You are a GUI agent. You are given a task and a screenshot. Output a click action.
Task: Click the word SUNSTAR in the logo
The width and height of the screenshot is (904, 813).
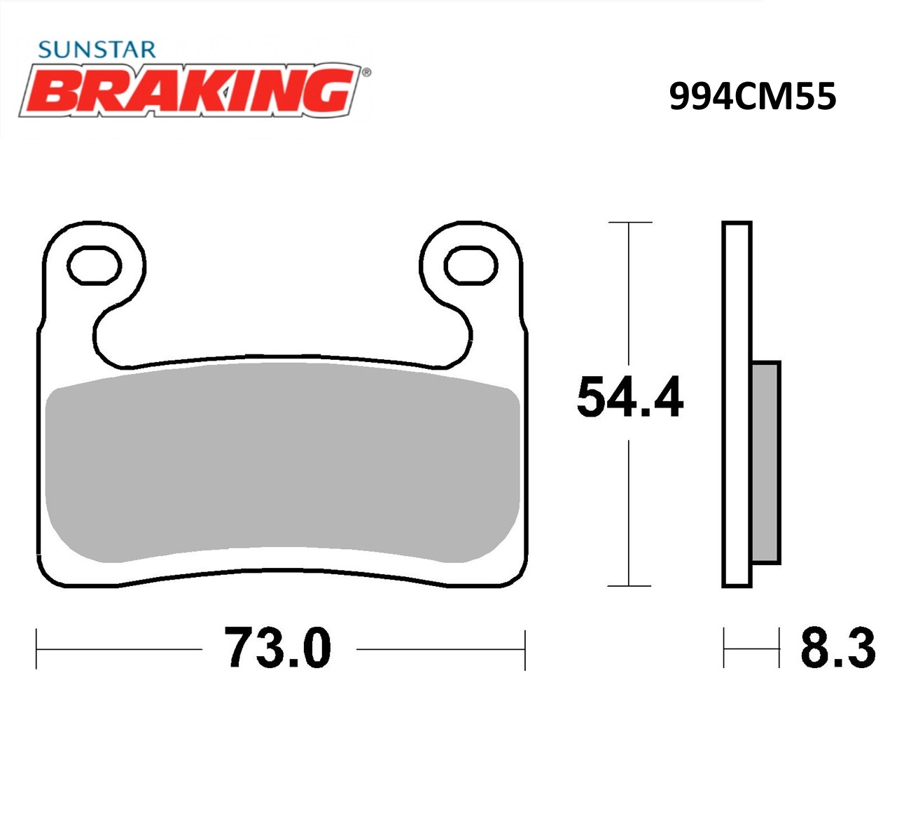coord(97,50)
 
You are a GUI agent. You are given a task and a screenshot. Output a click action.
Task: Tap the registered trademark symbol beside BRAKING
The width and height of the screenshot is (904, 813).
coord(366,71)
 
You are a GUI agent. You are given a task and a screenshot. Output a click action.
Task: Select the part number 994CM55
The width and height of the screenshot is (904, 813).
coord(752,97)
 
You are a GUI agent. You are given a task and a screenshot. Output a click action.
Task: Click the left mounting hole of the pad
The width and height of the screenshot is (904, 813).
coord(94,265)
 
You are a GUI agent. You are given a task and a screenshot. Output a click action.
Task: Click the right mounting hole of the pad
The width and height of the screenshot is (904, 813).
coord(471,265)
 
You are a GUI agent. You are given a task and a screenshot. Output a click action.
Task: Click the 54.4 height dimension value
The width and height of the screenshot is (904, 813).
coord(630,398)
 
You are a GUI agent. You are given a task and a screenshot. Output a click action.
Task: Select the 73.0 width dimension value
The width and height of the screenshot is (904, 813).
coord(277,648)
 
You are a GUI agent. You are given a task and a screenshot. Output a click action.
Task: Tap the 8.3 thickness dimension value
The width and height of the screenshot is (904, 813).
coord(837,648)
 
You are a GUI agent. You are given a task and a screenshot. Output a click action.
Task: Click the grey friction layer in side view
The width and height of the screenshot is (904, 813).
coord(765,462)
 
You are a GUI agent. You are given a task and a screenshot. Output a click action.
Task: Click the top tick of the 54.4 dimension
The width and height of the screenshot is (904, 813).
coord(630,223)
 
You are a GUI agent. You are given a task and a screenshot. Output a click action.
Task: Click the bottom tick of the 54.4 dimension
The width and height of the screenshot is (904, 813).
coord(630,585)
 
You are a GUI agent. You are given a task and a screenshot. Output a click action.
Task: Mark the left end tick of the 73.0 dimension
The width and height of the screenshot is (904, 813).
coord(36,649)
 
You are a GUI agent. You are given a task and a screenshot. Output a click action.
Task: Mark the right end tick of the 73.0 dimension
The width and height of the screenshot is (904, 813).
coord(524,649)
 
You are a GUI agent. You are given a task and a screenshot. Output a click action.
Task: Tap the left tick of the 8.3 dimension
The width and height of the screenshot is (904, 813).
coord(724,648)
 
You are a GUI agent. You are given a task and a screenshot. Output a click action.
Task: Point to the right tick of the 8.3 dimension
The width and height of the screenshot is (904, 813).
coord(779,648)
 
